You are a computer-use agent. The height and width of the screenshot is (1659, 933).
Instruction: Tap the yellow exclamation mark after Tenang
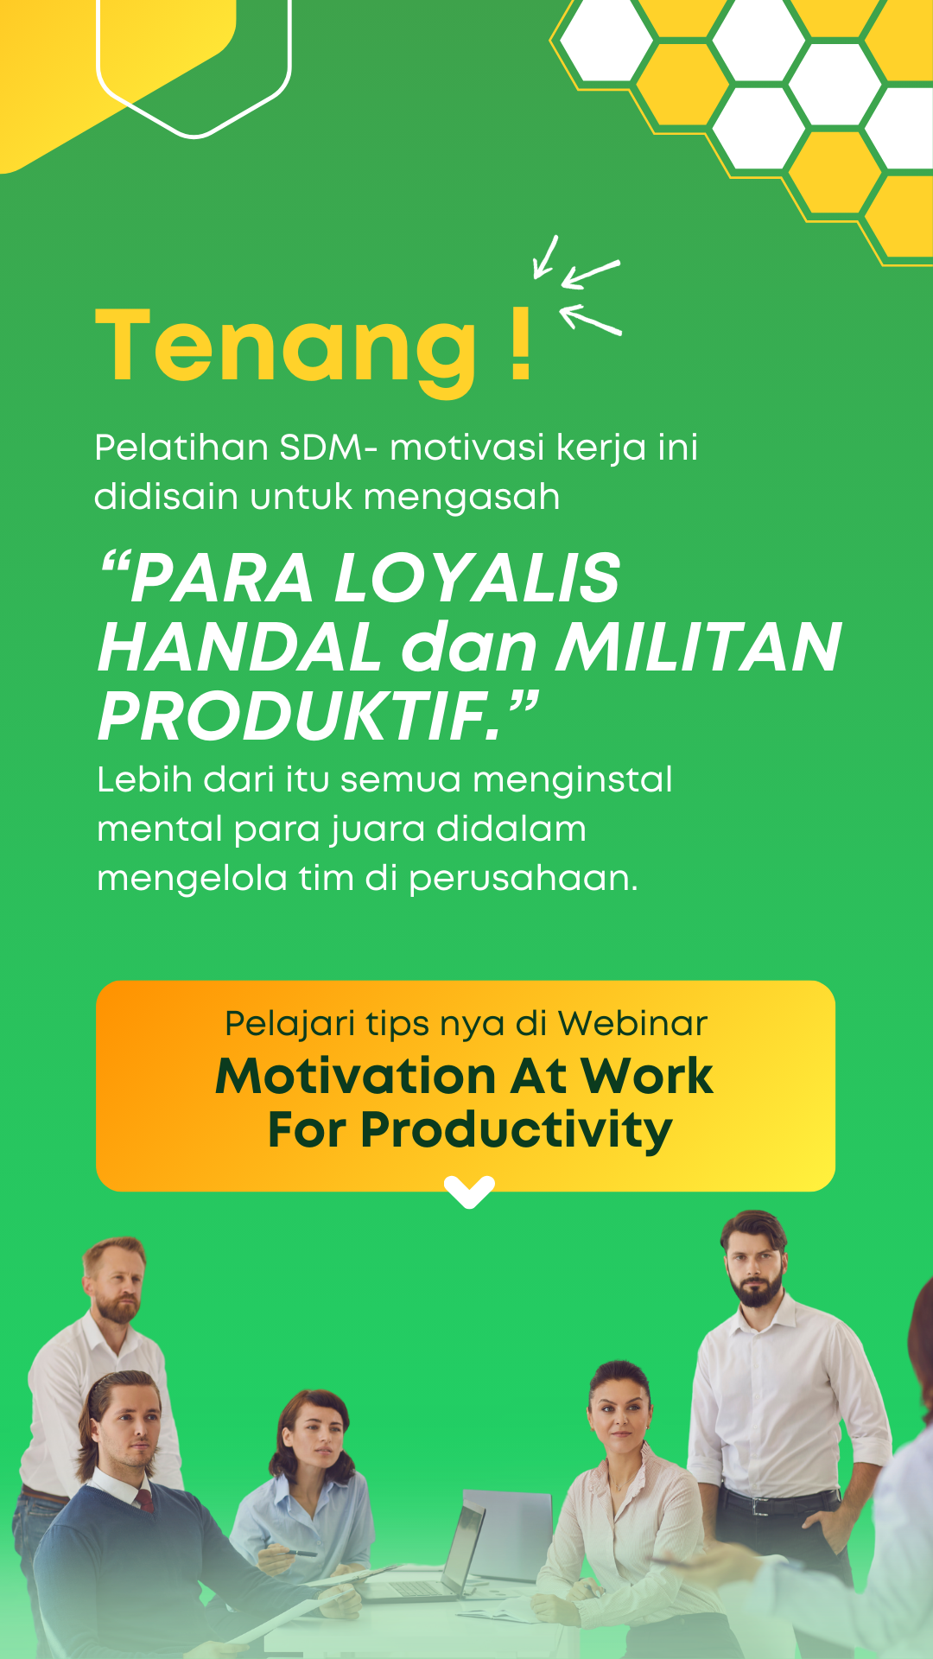pos(520,343)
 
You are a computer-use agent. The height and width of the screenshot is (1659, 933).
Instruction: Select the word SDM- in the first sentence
pos(328,448)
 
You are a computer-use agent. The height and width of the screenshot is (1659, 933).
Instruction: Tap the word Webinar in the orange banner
pos(632,1023)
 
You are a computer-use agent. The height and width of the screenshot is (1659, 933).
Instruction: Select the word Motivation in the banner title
pos(356,1077)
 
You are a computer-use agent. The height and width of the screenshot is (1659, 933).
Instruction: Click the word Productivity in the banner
pos(516,1131)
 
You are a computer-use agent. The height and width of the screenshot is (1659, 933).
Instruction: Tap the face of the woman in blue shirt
pos(314,1438)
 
